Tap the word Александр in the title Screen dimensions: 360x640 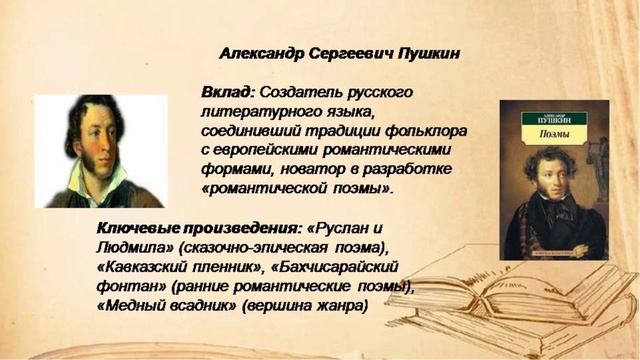pyautogui.click(x=262, y=53)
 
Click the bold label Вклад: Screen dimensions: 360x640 pyautogui.click(x=227, y=92)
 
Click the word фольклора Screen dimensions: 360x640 pyautogui.click(x=425, y=130)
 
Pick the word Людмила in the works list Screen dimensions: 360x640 pyautogui.click(x=131, y=248)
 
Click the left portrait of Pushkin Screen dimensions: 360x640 pyautogui.click(x=100, y=150)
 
